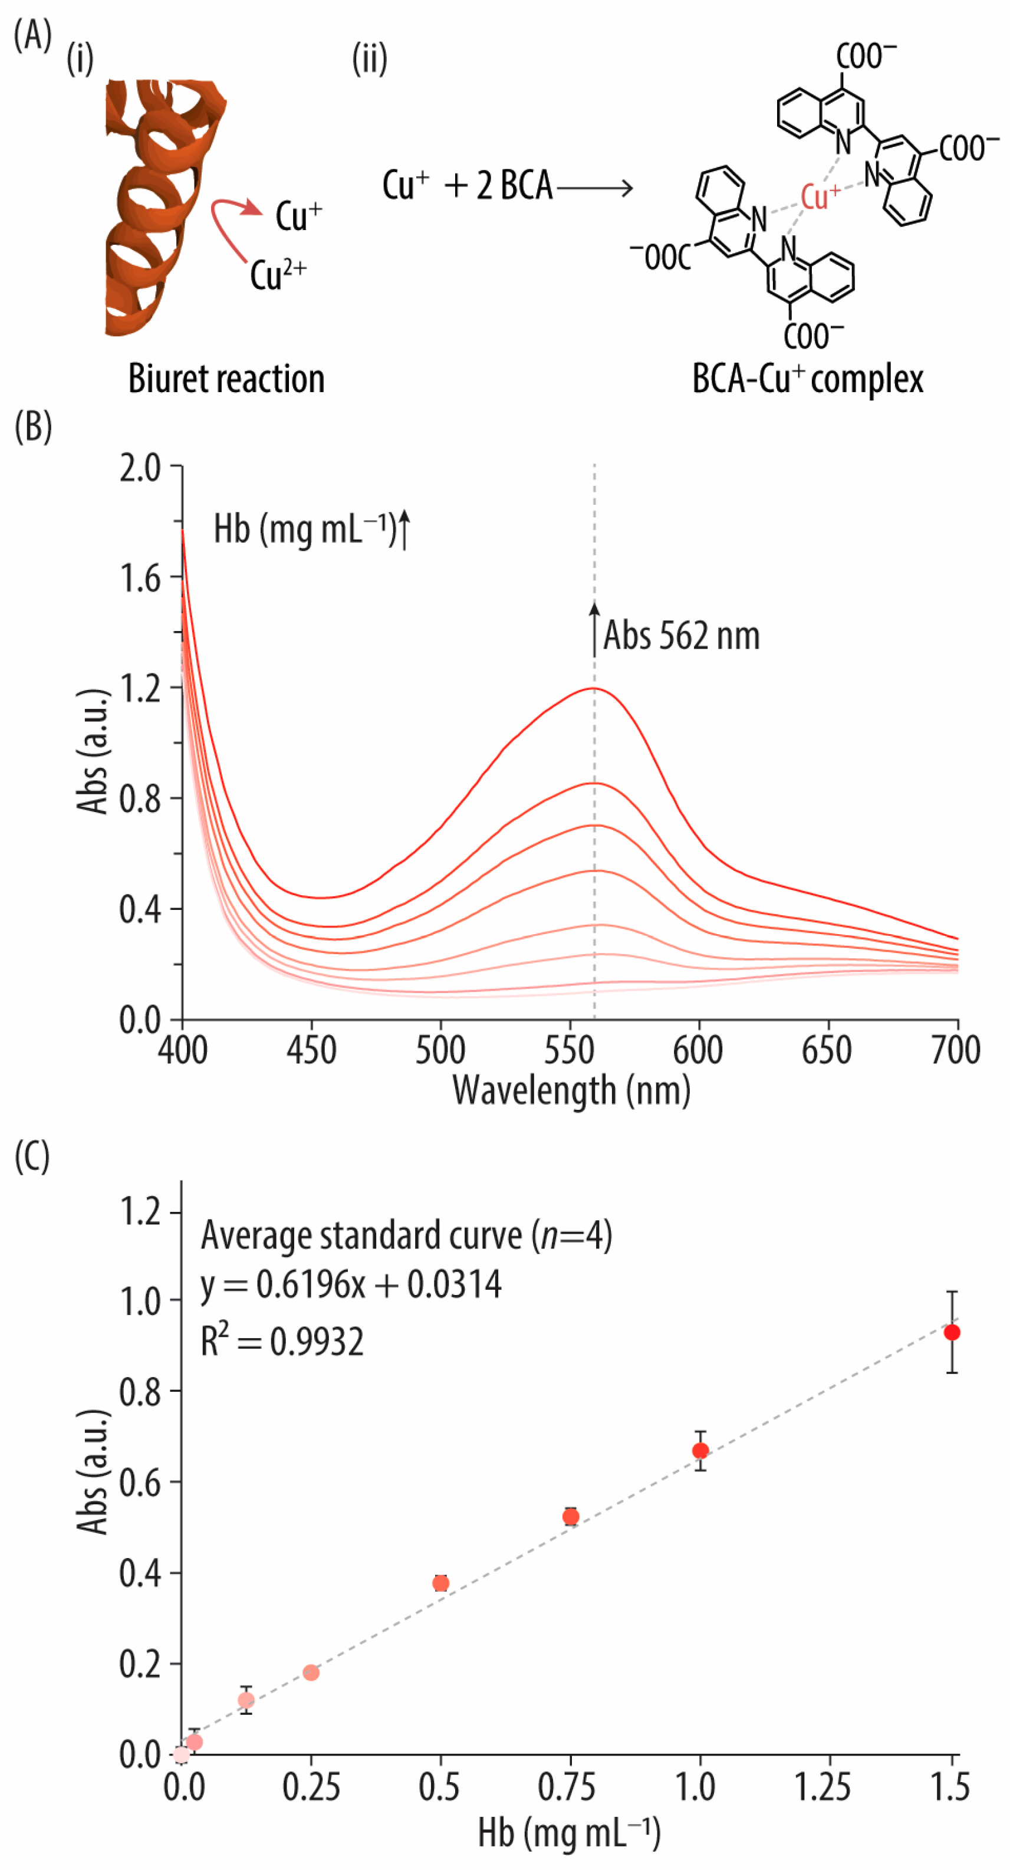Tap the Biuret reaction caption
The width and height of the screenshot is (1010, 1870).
tap(226, 379)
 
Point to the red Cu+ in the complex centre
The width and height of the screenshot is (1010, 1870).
tap(820, 196)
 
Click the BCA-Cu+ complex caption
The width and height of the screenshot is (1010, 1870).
tap(807, 379)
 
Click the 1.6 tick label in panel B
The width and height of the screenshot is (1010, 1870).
tap(140, 579)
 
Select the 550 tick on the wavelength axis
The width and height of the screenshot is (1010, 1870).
tap(570, 1050)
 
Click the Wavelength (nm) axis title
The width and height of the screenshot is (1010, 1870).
tap(571, 1091)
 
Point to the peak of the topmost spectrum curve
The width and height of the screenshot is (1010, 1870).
tap(594, 688)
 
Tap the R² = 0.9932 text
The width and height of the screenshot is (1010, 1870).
tap(281, 1341)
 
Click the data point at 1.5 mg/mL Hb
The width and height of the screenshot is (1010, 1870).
tap(952, 1332)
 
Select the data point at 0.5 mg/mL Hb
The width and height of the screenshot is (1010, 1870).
tap(440, 1583)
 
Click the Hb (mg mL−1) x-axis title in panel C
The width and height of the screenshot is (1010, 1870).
tap(570, 1832)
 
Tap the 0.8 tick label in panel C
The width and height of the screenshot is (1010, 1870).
tap(140, 1391)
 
